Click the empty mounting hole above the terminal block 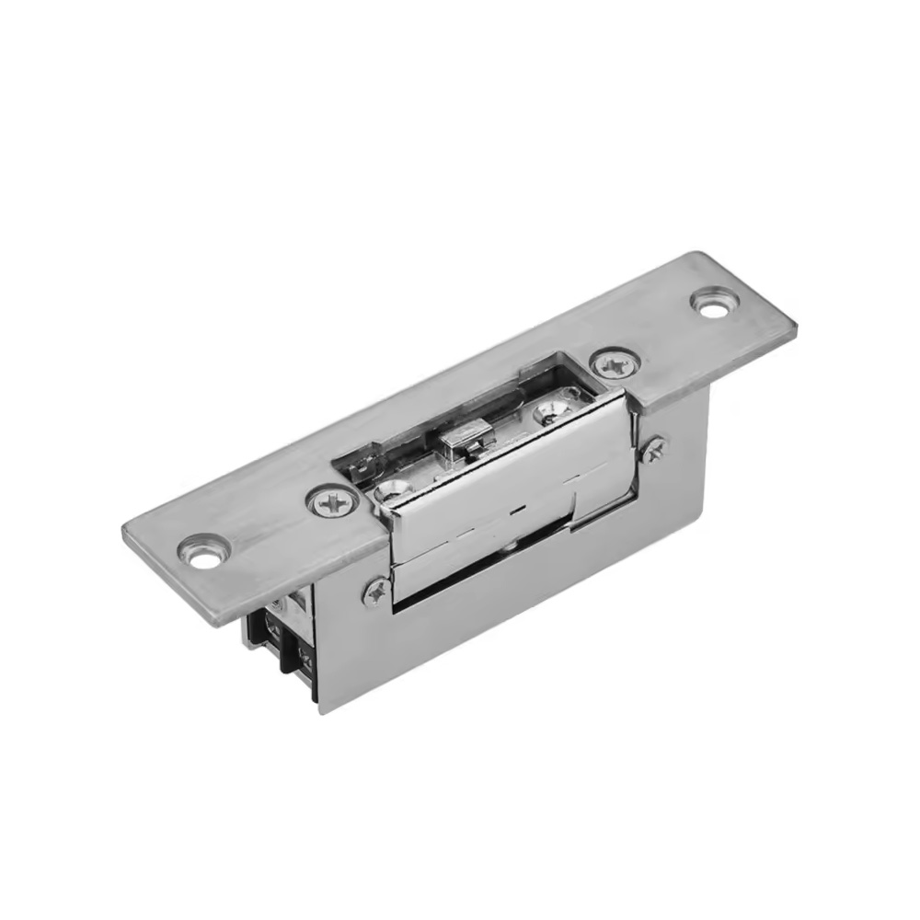pos(201,551)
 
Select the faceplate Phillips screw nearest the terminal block pos(332,502)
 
